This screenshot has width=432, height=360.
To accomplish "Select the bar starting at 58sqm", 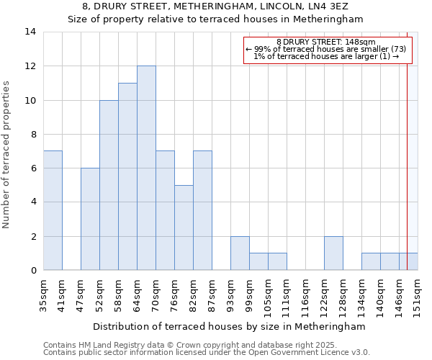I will pos(127,176).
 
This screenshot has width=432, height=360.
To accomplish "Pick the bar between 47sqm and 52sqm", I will pos(90,219).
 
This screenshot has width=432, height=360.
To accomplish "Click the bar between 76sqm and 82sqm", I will pos(184,228).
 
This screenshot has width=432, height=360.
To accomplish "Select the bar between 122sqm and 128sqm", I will pos(333,253).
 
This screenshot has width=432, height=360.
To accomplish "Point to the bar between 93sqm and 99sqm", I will pos(240,253).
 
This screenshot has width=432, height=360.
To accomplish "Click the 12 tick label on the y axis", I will pos(30,66).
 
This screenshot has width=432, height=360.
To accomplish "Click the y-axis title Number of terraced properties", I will pos(7,155).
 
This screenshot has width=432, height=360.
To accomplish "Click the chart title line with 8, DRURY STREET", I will pos(216,6).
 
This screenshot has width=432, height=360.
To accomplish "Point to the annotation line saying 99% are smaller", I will pos(325,49).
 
